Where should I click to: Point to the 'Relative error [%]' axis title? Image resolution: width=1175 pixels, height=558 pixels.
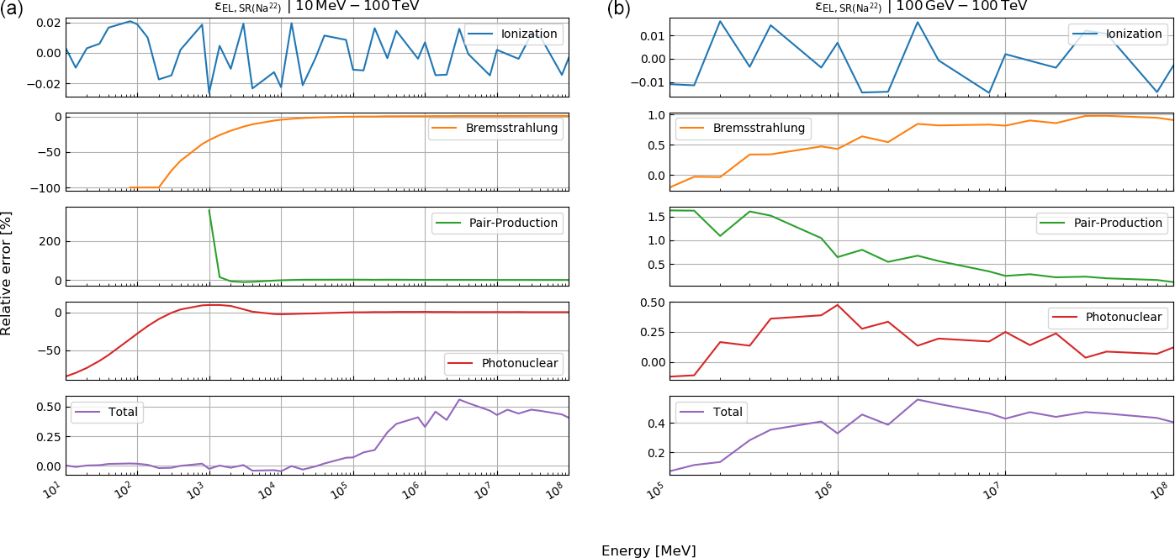pyautogui.click(x=7, y=272)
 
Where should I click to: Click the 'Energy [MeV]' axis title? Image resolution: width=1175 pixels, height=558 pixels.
pyautogui.click(x=648, y=551)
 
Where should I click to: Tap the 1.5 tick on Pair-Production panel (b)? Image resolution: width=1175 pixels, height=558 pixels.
pyautogui.click(x=653, y=217)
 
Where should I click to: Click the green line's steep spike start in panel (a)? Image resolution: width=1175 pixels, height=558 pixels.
pyautogui.click(x=209, y=210)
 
